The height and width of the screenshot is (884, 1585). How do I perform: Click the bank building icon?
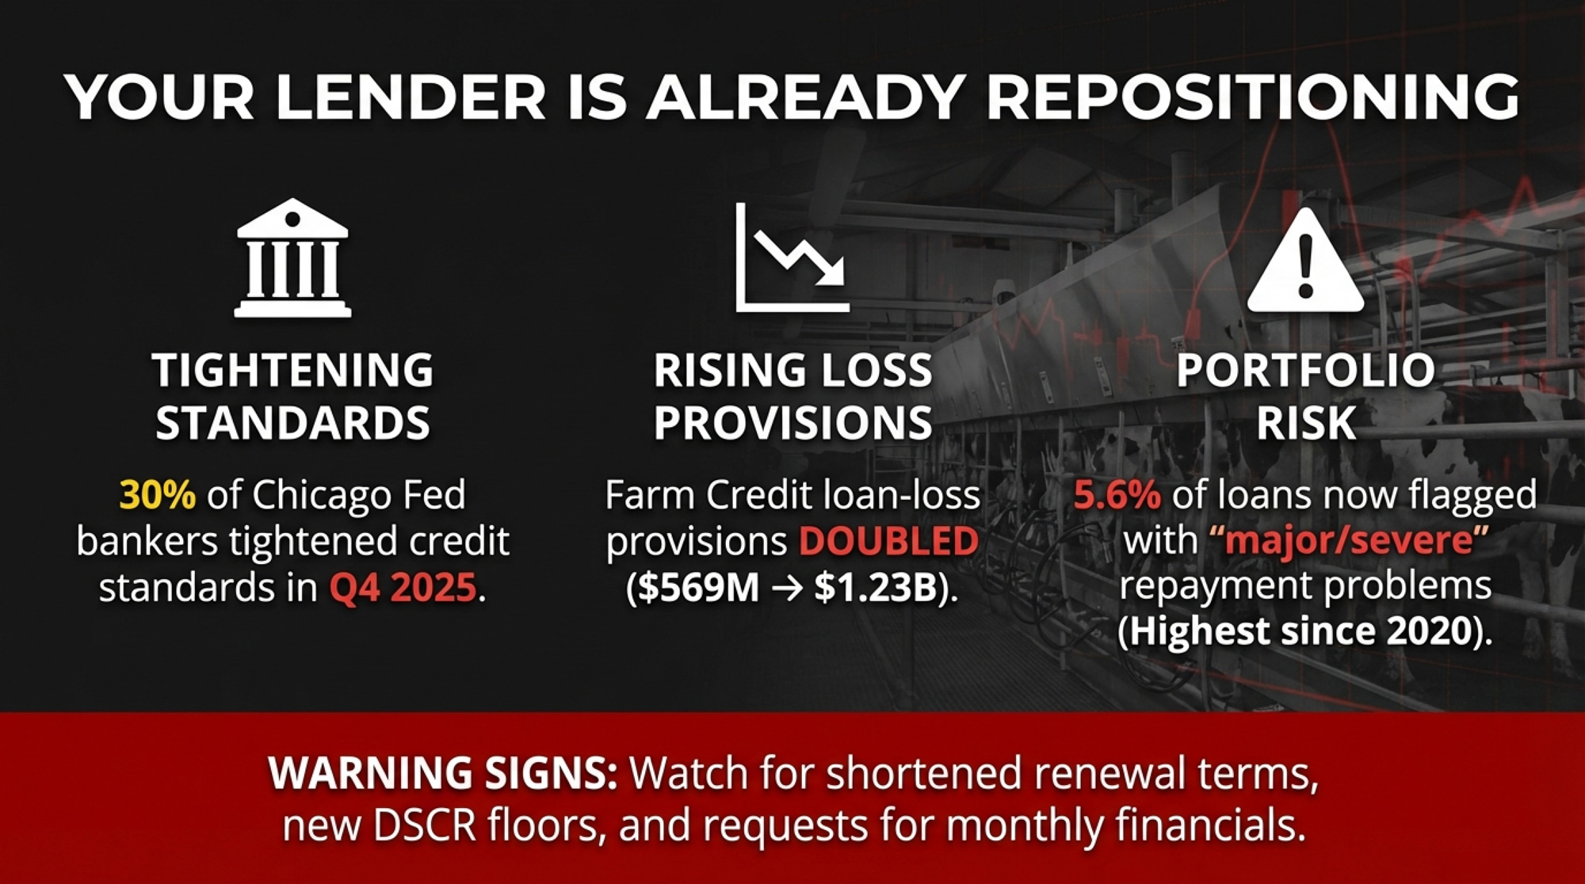292,257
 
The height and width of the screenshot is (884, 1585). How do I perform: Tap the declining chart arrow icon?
792,257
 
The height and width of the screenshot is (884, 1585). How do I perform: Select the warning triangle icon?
1306,260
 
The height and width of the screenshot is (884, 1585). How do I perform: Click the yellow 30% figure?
157,495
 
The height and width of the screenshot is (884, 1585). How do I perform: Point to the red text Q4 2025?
403,588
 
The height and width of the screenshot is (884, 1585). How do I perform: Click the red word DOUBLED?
888,542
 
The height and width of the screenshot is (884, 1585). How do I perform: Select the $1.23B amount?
876,588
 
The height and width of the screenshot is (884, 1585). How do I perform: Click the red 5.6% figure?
1117,495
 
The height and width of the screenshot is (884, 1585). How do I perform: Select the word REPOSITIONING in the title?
1252,97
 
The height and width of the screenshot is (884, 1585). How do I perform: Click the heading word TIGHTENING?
293,370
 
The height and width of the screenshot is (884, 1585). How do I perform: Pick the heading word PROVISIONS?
792,422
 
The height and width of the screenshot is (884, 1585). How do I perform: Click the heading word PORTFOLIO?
1306,370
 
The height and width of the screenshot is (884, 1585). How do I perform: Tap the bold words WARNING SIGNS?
443,773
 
